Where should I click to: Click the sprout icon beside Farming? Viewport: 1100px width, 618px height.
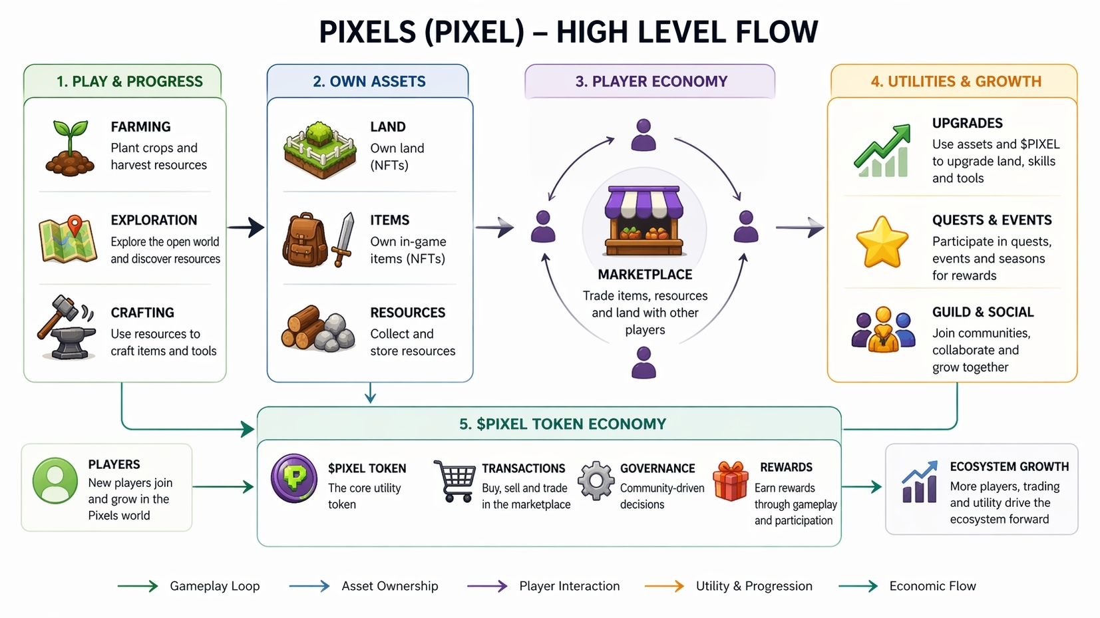pos(70,148)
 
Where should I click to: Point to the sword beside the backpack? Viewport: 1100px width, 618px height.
pos(345,239)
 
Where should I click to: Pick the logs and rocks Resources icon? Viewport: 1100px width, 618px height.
pos(317,329)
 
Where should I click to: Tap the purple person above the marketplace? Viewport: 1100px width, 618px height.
pos(643,135)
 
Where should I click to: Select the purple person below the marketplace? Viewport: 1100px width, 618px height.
pos(643,363)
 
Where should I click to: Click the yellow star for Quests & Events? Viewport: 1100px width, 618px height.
pos(882,241)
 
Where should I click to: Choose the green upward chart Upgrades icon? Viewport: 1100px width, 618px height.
pos(882,151)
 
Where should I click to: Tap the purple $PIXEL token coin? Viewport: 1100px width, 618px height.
pos(293,478)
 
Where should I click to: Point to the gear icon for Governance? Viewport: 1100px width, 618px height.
pos(596,480)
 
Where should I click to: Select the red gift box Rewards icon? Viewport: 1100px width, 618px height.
pos(730,482)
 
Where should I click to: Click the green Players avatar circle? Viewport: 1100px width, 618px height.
pos(55,480)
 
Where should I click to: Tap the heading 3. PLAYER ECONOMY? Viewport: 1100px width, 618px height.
pos(651,82)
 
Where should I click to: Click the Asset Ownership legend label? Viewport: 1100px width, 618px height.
pos(390,586)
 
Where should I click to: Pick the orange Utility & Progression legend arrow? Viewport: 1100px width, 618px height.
pos(664,586)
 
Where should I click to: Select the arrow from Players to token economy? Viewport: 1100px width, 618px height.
pos(224,487)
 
